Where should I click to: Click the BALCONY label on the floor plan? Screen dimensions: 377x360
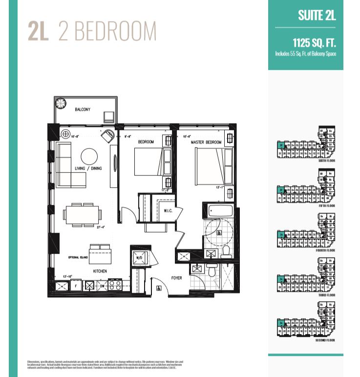click(82, 110)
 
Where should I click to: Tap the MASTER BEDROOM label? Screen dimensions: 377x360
click(206, 142)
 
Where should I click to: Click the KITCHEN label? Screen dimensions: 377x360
click(100, 271)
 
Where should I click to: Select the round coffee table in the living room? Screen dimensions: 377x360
click(89, 156)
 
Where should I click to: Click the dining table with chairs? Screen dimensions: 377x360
click(83, 214)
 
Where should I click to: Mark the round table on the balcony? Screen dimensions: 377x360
click(61, 103)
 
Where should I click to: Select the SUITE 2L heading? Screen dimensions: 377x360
click(317, 15)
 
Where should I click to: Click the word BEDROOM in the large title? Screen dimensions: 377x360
click(107, 31)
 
